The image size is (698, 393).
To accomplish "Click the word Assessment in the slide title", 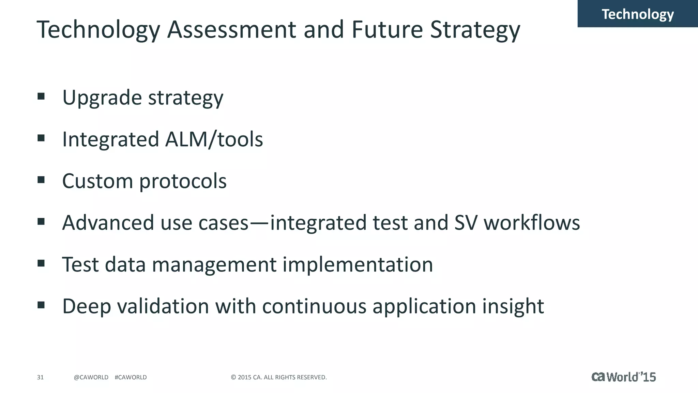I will pyautogui.click(x=232, y=29).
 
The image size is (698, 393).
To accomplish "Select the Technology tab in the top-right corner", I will pyautogui.click(x=637, y=14).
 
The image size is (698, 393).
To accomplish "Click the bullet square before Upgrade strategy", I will pyautogui.click(x=41, y=96).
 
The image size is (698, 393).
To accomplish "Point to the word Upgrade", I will pyautogui.click(x=102, y=98).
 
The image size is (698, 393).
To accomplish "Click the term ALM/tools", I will pyautogui.click(x=214, y=139).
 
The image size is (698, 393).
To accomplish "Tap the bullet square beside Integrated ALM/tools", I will pyautogui.click(x=41, y=138).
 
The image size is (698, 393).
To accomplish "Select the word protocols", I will pyautogui.click(x=183, y=181).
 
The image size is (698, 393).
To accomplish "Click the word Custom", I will pyautogui.click(x=97, y=181).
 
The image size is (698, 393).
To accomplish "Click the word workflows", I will pyautogui.click(x=532, y=223).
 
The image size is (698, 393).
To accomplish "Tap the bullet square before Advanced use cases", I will pyautogui.click(x=41, y=222).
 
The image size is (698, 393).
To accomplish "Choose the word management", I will pyautogui.click(x=214, y=265).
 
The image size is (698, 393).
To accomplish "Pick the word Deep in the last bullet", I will pyautogui.click(x=87, y=306).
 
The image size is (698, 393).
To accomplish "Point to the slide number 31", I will pyautogui.click(x=40, y=377).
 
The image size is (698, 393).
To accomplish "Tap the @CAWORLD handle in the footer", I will pyautogui.click(x=91, y=377).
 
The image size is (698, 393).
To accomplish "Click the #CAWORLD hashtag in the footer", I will pyautogui.click(x=131, y=377).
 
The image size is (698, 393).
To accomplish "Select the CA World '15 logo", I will pyautogui.click(x=623, y=377).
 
